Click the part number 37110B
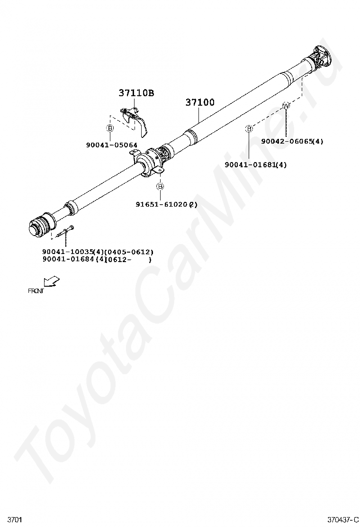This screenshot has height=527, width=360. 136,93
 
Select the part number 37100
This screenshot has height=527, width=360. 199,102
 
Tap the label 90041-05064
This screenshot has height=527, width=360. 112,145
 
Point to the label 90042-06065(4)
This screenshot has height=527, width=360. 292,141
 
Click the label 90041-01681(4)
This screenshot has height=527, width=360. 256,165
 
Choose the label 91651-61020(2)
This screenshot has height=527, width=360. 166,205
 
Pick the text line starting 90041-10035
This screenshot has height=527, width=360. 98,252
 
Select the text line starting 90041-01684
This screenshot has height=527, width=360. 97,259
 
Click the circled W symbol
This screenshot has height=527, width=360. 286,105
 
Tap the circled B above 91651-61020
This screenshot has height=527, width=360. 160,186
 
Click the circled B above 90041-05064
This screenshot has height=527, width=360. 109,128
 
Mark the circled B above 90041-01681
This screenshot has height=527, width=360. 248,128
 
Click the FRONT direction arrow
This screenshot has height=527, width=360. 51,282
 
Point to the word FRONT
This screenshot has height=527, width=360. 36,291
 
